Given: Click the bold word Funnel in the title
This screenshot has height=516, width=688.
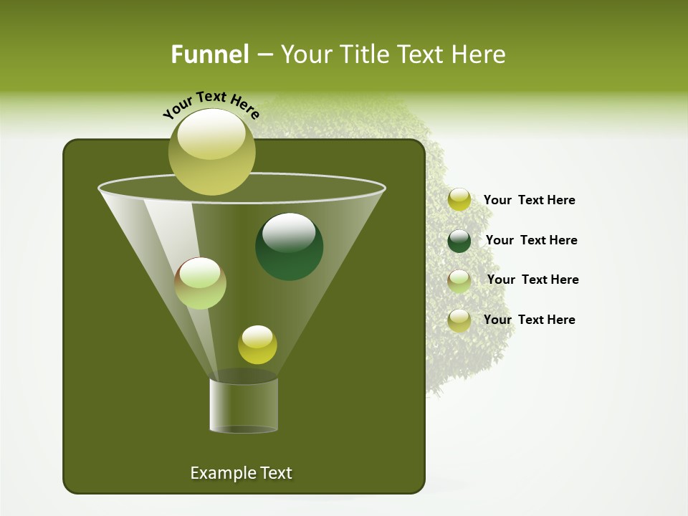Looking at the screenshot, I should tap(209, 54).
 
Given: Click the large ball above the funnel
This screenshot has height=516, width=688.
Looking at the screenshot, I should tap(211, 152).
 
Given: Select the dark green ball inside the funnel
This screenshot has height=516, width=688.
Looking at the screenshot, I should tap(290, 247).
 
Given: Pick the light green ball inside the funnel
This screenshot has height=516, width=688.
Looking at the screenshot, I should tap(201, 283).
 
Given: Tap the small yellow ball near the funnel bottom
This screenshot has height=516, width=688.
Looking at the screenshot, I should tap(257, 345).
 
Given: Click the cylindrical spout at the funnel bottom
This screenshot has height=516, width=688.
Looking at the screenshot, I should tap(244, 405).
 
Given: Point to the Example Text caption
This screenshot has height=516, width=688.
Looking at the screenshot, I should tap(242, 473).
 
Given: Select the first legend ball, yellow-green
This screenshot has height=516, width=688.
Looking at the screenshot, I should tap(459, 200).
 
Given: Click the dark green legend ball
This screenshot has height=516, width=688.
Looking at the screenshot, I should tap(459, 241).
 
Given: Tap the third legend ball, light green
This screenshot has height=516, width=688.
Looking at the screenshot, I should tap(459, 281).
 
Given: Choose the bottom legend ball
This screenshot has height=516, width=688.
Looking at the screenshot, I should tap(459, 320).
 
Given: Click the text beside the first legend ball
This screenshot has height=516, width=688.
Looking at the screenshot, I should tap(529, 200).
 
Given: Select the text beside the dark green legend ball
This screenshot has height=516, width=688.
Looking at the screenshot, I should tap(531, 240).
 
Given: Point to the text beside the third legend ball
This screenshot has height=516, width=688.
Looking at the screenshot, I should tap(532, 279).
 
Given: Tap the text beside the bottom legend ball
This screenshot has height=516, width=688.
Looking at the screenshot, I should tap(529, 320).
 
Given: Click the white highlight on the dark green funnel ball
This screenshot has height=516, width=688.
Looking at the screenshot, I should tap(289, 231).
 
